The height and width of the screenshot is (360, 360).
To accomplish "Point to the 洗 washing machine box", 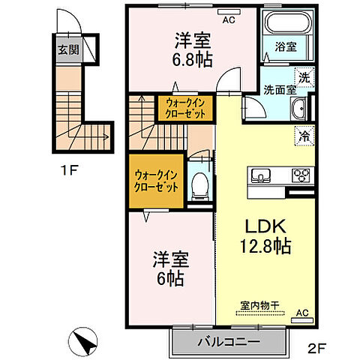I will [x=304, y=76].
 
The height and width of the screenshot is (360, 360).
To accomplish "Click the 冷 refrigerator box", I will [x=304, y=136].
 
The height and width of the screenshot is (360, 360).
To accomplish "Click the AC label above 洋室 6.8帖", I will [x=229, y=20].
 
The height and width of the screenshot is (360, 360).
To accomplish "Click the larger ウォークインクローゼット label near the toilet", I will [x=155, y=181].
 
